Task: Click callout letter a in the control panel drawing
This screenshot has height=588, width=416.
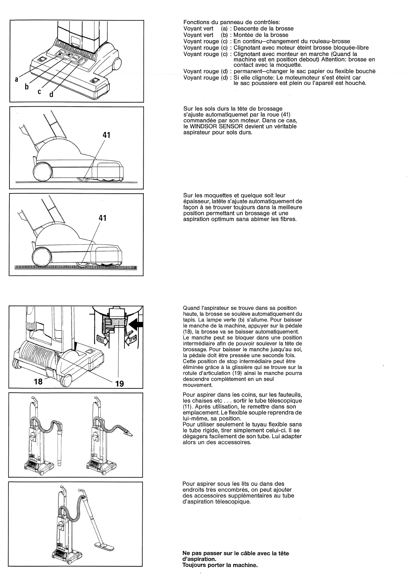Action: click(x=16, y=80)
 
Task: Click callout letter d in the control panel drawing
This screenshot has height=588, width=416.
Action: click(x=51, y=95)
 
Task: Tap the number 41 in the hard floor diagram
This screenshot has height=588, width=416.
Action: click(x=107, y=135)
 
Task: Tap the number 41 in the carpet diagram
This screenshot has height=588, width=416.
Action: click(x=103, y=218)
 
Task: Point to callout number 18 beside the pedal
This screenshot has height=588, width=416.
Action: click(x=38, y=381)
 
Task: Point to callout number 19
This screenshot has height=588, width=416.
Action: click(x=120, y=383)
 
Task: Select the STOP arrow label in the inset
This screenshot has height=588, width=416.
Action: click(x=133, y=339)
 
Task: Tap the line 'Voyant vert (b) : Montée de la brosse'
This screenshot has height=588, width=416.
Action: click(x=236, y=35)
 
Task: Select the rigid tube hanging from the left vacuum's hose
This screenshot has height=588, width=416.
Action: click(x=59, y=451)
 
